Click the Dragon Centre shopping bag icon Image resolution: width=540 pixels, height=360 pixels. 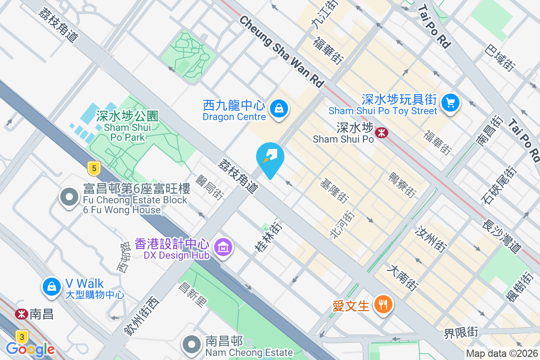click(279, 108)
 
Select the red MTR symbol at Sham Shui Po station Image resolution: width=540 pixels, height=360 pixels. click(382, 133)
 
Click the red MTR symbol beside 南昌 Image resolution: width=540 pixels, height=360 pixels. click(20, 314)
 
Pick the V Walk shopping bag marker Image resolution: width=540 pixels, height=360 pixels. click(52, 286)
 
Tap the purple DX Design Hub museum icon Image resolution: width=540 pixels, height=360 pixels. click(223, 247)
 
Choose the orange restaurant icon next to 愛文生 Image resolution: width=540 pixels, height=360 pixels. click(383, 305)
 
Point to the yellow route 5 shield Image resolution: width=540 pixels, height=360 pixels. click(94, 169)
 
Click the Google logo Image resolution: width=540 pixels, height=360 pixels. click(30, 349)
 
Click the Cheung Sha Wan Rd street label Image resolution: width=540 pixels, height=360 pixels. click(282, 51)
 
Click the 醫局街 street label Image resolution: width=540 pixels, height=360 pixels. click(211, 187)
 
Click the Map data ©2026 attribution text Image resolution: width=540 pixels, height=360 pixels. click(502, 354)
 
